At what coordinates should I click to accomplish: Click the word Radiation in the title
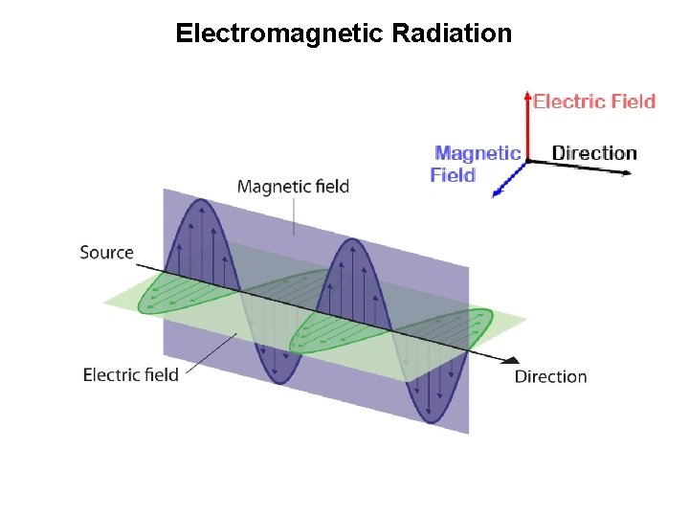click(x=453, y=34)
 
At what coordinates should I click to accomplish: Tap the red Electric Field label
click(x=594, y=101)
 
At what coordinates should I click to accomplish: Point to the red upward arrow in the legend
click(x=527, y=124)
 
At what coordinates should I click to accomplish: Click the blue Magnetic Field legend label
click(x=476, y=164)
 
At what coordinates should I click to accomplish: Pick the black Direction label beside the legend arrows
click(x=594, y=153)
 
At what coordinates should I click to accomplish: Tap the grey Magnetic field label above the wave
click(x=293, y=187)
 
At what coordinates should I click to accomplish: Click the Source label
click(x=106, y=253)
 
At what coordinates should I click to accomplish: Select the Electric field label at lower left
click(x=131, y=374)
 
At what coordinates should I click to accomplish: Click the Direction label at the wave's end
click(x=550, y=376)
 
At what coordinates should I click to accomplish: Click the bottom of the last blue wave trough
click(x=429, y=419)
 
